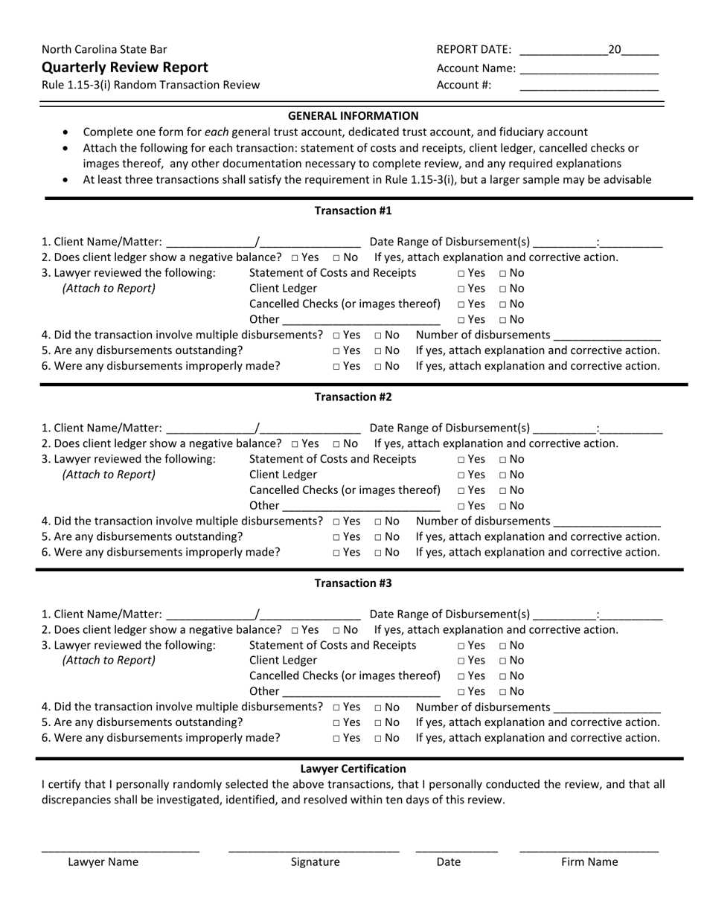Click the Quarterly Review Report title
click(x=125, y=67)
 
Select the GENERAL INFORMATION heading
click(x=353, y=115)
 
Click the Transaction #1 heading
click(x=353, y=211)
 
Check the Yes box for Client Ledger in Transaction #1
click(x=461, y=289)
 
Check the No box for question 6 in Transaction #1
click(x=379, y=367)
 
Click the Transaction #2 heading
click(x=353, y=396)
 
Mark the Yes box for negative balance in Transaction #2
click(x=295, y=444)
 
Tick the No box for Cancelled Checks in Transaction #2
click(x=503, y=491)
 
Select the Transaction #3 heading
click(x=353, y=582)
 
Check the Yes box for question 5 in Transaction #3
click(x=337, y=723)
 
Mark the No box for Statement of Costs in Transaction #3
click(x=503, y=646)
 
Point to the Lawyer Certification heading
click(x=353, y=768)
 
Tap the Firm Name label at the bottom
click(x=589, y=862)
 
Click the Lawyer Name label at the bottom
click(x=103, y=862)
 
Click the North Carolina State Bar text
click(x=104, y=49)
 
